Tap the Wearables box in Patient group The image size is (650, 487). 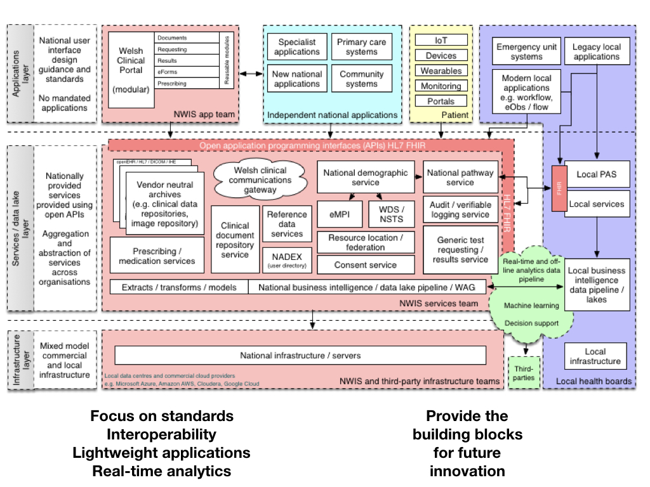click(x=441, y=71)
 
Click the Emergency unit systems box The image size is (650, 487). click(x=527, y=51)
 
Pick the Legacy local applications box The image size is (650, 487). click(x=596, y=51)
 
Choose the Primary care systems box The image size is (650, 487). click(x=362, y=47)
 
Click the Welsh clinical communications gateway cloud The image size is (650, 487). click(x=260, y=179)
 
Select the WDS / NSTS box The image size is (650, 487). click(x=391, y=214)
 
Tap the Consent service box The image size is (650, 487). click(x=366, y=264)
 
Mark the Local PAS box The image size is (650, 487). click(x=596, y=174)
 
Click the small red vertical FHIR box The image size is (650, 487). click(x=559, y=188)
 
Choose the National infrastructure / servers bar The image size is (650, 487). click(x=300, y=355)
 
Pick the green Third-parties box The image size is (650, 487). click(x=524, y=373)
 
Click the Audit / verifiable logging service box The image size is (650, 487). click(x=460, y=210)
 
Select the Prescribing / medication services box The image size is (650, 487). click(x=157, y=256)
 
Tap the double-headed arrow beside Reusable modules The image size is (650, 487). click(x=250, y=74)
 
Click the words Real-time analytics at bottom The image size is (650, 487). click(x=161, y=471)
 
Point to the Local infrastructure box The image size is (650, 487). click(x=595, y=356)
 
